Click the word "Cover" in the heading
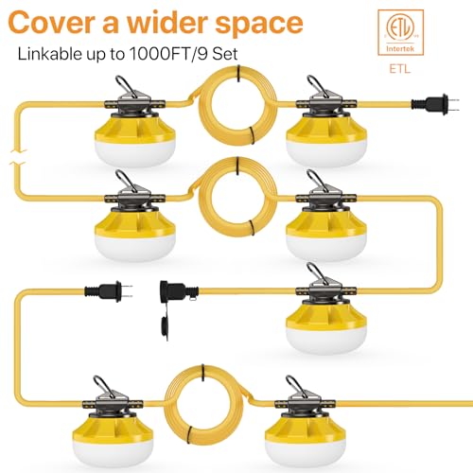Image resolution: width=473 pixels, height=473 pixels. (50, 23)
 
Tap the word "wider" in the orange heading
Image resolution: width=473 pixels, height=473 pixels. (165, 22)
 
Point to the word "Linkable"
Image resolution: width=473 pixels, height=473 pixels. (49, 53)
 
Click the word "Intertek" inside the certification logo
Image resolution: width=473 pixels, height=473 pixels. (400, 49)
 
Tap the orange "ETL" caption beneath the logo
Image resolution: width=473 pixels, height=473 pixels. (400, 69)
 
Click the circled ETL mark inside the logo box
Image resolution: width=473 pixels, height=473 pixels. (400, 29)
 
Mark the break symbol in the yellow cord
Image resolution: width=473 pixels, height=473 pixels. (18, 157)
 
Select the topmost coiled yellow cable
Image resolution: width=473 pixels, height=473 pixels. (237, 105)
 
